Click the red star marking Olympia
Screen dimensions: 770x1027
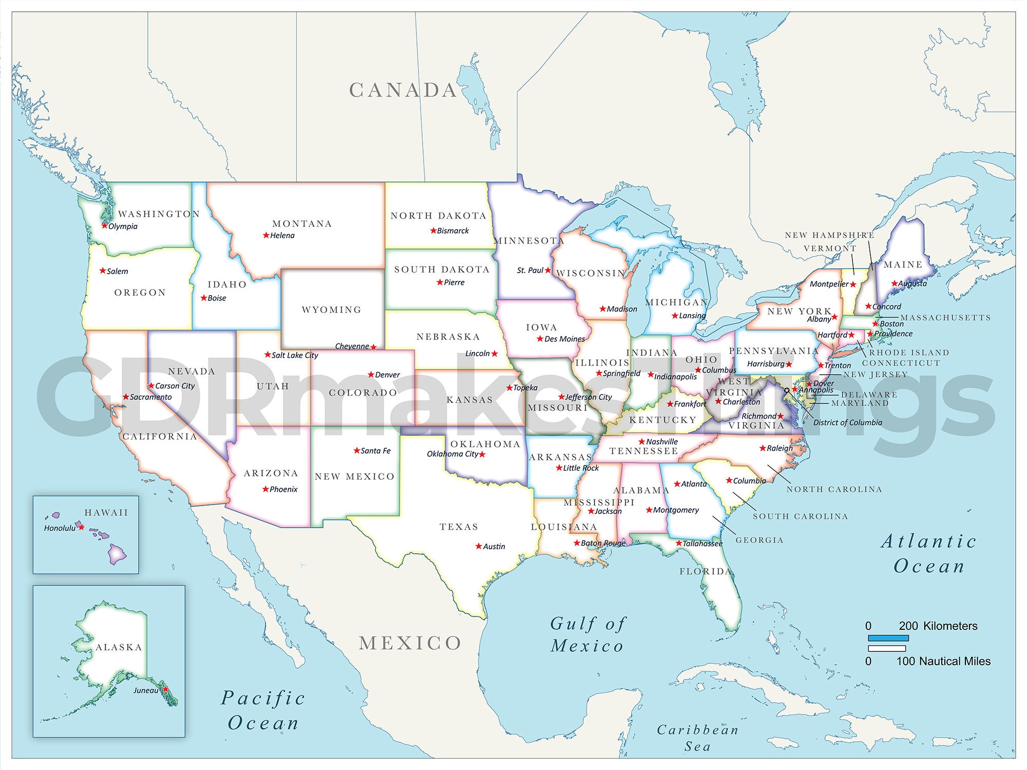[104, 226]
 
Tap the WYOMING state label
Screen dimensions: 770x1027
[331, 310]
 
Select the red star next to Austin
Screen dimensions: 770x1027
[479, 546]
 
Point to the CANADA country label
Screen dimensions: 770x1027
[403, 90]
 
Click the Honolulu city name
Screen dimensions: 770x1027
[60, 528]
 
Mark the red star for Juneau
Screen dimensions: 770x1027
[165, 689]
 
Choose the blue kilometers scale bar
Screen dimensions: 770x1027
[888, 638]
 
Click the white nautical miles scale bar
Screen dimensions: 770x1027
[887, 649]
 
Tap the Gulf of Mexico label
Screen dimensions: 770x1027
[587, 634]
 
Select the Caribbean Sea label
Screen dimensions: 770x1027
[697, 738]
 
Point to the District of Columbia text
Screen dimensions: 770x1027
[847, 422]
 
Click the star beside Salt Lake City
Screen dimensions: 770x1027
[268, 355]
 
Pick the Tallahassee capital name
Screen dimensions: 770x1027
[702, 544]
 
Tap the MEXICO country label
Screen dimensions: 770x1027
[410, 643]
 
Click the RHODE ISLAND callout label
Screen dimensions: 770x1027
[908, 353]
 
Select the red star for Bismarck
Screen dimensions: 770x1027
[433, 230]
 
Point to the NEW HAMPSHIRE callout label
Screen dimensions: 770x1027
[829, 235]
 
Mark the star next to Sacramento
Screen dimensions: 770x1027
[126, 397]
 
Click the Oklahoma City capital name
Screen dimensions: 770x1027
[452, 454]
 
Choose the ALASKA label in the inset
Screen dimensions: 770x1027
[119, 647]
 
